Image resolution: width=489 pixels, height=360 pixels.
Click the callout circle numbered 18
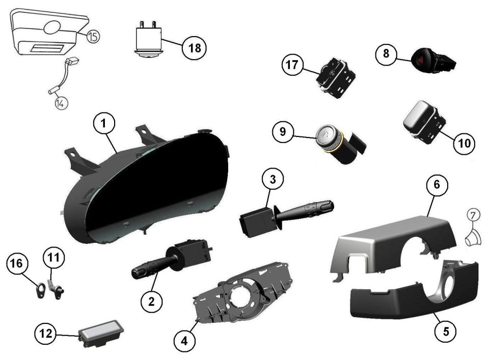[194, 48]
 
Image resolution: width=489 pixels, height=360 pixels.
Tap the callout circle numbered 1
[104, 123]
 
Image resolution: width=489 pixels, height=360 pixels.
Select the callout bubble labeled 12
[45, 334]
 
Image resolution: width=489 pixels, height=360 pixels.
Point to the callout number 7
[473, 215]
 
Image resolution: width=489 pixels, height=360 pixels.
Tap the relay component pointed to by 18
[148, 39]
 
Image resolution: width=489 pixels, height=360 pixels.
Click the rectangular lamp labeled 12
[101, 333]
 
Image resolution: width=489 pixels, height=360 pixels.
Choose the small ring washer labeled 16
[41, 290]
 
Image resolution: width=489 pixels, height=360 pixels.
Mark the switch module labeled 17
[336, 77]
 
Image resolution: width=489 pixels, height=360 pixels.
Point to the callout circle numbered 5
[446, 331]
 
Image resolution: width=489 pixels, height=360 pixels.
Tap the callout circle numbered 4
[184, 341]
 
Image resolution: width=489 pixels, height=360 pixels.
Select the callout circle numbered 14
[61, 103]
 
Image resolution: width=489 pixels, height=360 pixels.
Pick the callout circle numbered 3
[273, 179]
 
